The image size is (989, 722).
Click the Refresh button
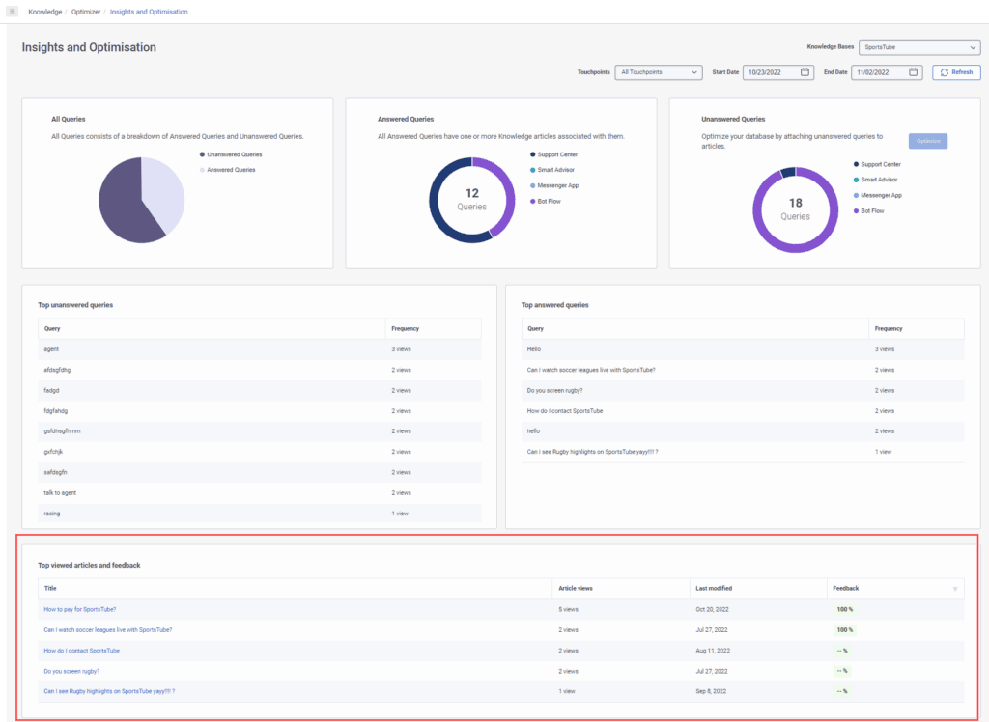tap(956, 72)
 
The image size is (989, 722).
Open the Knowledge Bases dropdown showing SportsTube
tap(918, 47)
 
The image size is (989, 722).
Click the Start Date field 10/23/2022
tap(777, 72)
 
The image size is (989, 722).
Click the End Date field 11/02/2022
tap(887, 72)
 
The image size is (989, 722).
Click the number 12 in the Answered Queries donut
tap(472, 193)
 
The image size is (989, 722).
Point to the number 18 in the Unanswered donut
tap(795, 203)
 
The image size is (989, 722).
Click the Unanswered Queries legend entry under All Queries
tap(234, 154)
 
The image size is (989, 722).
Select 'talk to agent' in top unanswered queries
tap(60, 492)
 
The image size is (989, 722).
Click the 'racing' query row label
tap(52, 514)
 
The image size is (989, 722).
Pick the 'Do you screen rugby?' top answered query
tap(554, 390)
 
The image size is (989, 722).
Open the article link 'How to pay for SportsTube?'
tap(80, 609)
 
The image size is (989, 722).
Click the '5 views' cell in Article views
tap(568, 609)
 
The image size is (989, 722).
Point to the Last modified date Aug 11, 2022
tap(713, 651)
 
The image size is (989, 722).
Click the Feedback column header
tap(845, 588)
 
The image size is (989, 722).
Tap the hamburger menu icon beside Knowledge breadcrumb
tap(13, 12)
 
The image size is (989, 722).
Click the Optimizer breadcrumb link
tap(86, 12)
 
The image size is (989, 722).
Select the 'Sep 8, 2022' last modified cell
tap(712, 691)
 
